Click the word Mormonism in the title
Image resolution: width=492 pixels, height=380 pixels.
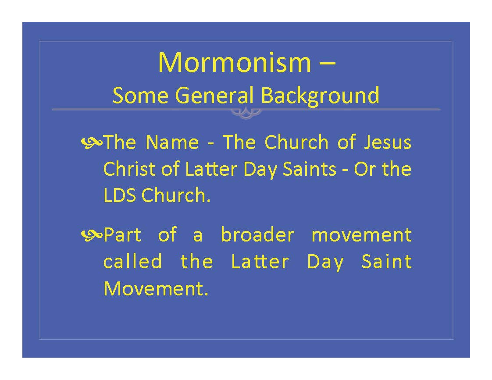pos(235,62)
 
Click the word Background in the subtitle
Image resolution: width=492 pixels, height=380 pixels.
pos(320,95)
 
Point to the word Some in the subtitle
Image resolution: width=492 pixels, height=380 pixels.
pos(140,95)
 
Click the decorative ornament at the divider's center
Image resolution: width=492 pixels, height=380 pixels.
pos(246,113)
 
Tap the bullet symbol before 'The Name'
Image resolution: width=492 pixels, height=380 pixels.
pos(92,142)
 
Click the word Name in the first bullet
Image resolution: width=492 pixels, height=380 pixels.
pos(172,142)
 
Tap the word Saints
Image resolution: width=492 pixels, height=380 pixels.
pos(310,169)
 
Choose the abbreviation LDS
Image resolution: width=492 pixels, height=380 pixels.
pos(120,195)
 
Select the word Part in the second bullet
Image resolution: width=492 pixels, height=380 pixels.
pos(122,235)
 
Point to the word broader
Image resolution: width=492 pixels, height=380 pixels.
pos(257,234)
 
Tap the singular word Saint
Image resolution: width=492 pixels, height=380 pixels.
pos(386,262)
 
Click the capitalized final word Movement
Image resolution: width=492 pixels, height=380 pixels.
pos(156,288)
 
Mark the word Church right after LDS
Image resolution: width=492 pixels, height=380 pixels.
pos(176,195)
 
